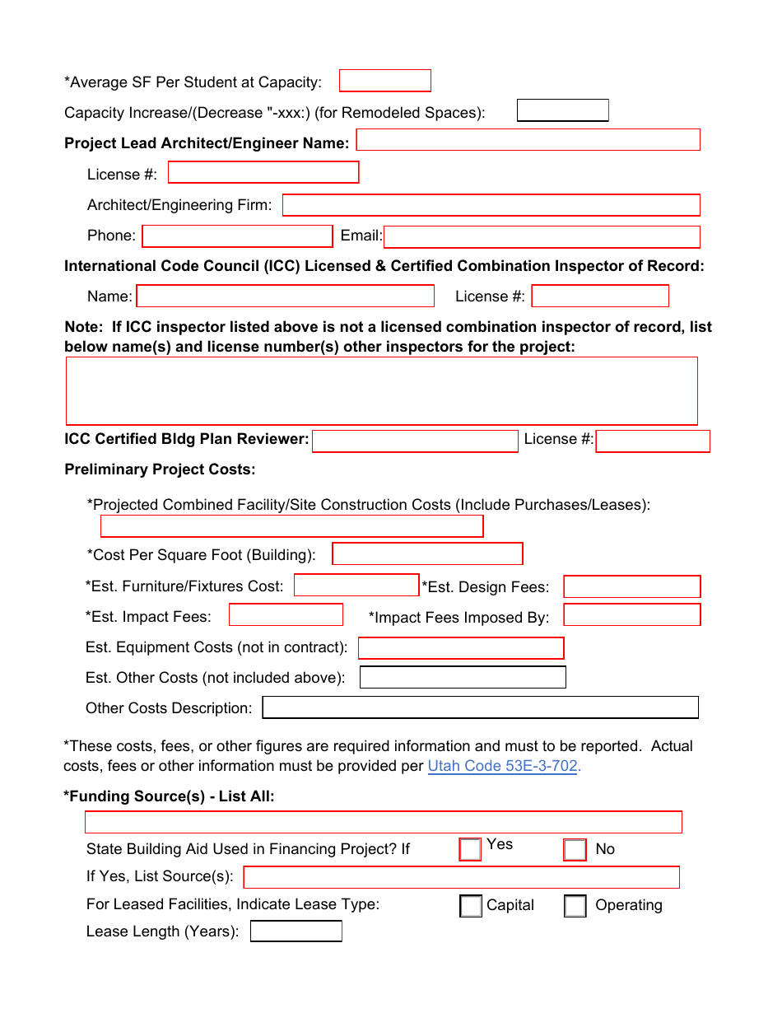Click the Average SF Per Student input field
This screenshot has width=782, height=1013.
[384, 81]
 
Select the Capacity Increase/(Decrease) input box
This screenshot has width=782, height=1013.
[562, 110]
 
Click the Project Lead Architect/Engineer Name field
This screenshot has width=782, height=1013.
[528, 140]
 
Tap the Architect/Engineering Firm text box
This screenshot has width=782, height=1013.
[491, 205]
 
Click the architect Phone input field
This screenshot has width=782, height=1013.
[237, 236]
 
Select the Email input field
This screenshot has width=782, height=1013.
[542, 237]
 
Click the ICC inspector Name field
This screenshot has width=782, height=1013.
[285, 296]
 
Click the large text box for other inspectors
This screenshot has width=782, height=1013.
[381, 390]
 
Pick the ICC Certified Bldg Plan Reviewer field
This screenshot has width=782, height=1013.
[415, 441]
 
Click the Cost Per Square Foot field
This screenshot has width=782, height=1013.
[427, 553]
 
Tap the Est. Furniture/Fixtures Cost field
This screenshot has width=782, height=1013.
[356, 585]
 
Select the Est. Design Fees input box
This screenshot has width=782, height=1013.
[631, 586]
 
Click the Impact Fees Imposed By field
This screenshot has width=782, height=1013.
[631, 615]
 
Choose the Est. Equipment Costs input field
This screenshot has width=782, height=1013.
[461, 648]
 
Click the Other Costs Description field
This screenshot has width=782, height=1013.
[480, 707]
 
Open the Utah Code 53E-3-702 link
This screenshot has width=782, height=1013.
[504, 766]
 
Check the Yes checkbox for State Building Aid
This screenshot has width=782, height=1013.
[470, 849]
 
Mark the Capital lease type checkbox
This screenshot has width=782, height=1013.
[471, 906]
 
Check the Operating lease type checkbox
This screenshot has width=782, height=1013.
[575, 906]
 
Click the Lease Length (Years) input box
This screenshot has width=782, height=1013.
[296, 931]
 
